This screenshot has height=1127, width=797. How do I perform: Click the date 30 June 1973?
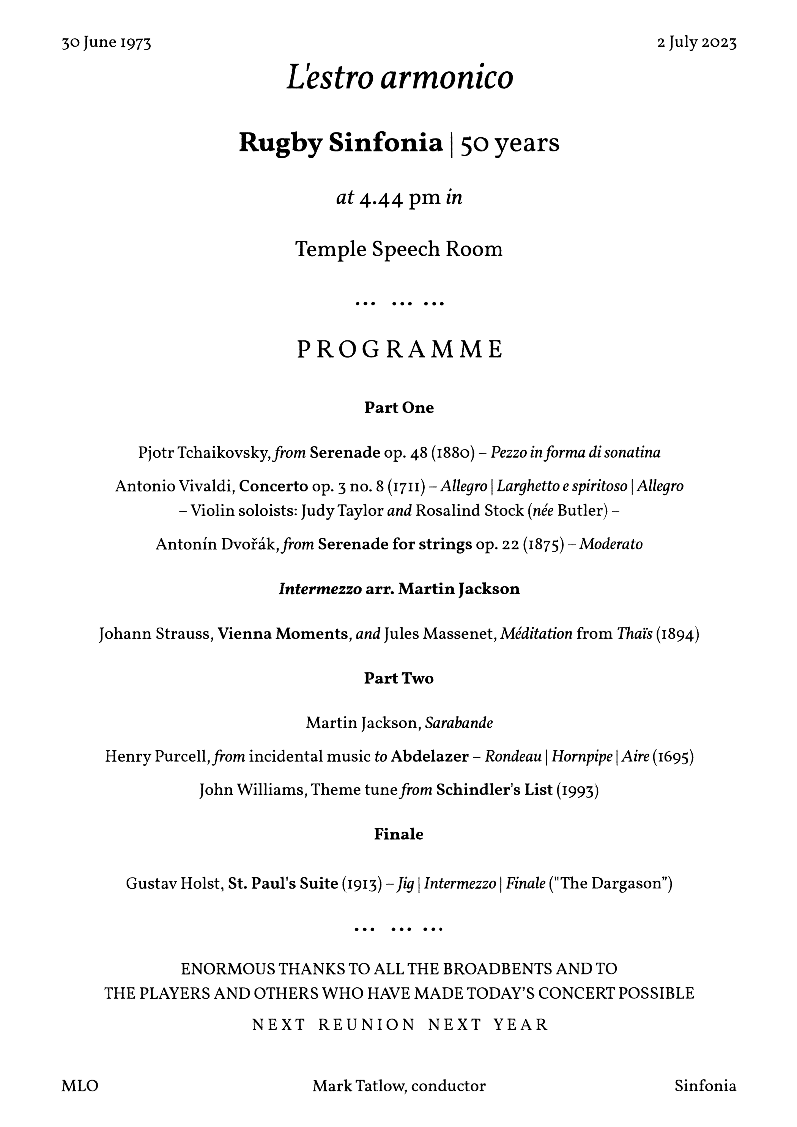[x=106, y=43]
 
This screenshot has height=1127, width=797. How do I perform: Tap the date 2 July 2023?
[x=697, y=43]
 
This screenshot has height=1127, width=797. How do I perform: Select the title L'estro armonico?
[x=399, y=77]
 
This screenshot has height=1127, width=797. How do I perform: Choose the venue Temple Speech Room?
[x=399, y=249]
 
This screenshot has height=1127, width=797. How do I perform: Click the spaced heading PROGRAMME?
[x=399, y=349]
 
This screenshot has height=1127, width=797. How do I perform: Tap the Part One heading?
[x=399, y=408]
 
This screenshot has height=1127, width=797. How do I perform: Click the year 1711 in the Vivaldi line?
[x=406, y=486]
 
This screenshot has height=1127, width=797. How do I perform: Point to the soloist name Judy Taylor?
[x=342, y=511]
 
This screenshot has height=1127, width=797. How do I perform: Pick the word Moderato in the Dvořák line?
[x=611, y=545]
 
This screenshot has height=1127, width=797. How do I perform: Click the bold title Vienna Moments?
[x=282, y=634]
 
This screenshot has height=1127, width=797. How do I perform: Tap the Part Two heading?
[x=399, y=678]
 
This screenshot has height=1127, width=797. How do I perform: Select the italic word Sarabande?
[x=459, y=723]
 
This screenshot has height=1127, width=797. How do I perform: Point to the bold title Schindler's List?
[x=494, y=790]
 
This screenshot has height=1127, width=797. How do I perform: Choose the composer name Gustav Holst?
[x=174, y=883]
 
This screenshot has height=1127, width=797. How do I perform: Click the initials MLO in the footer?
[x=80, y=1086]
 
